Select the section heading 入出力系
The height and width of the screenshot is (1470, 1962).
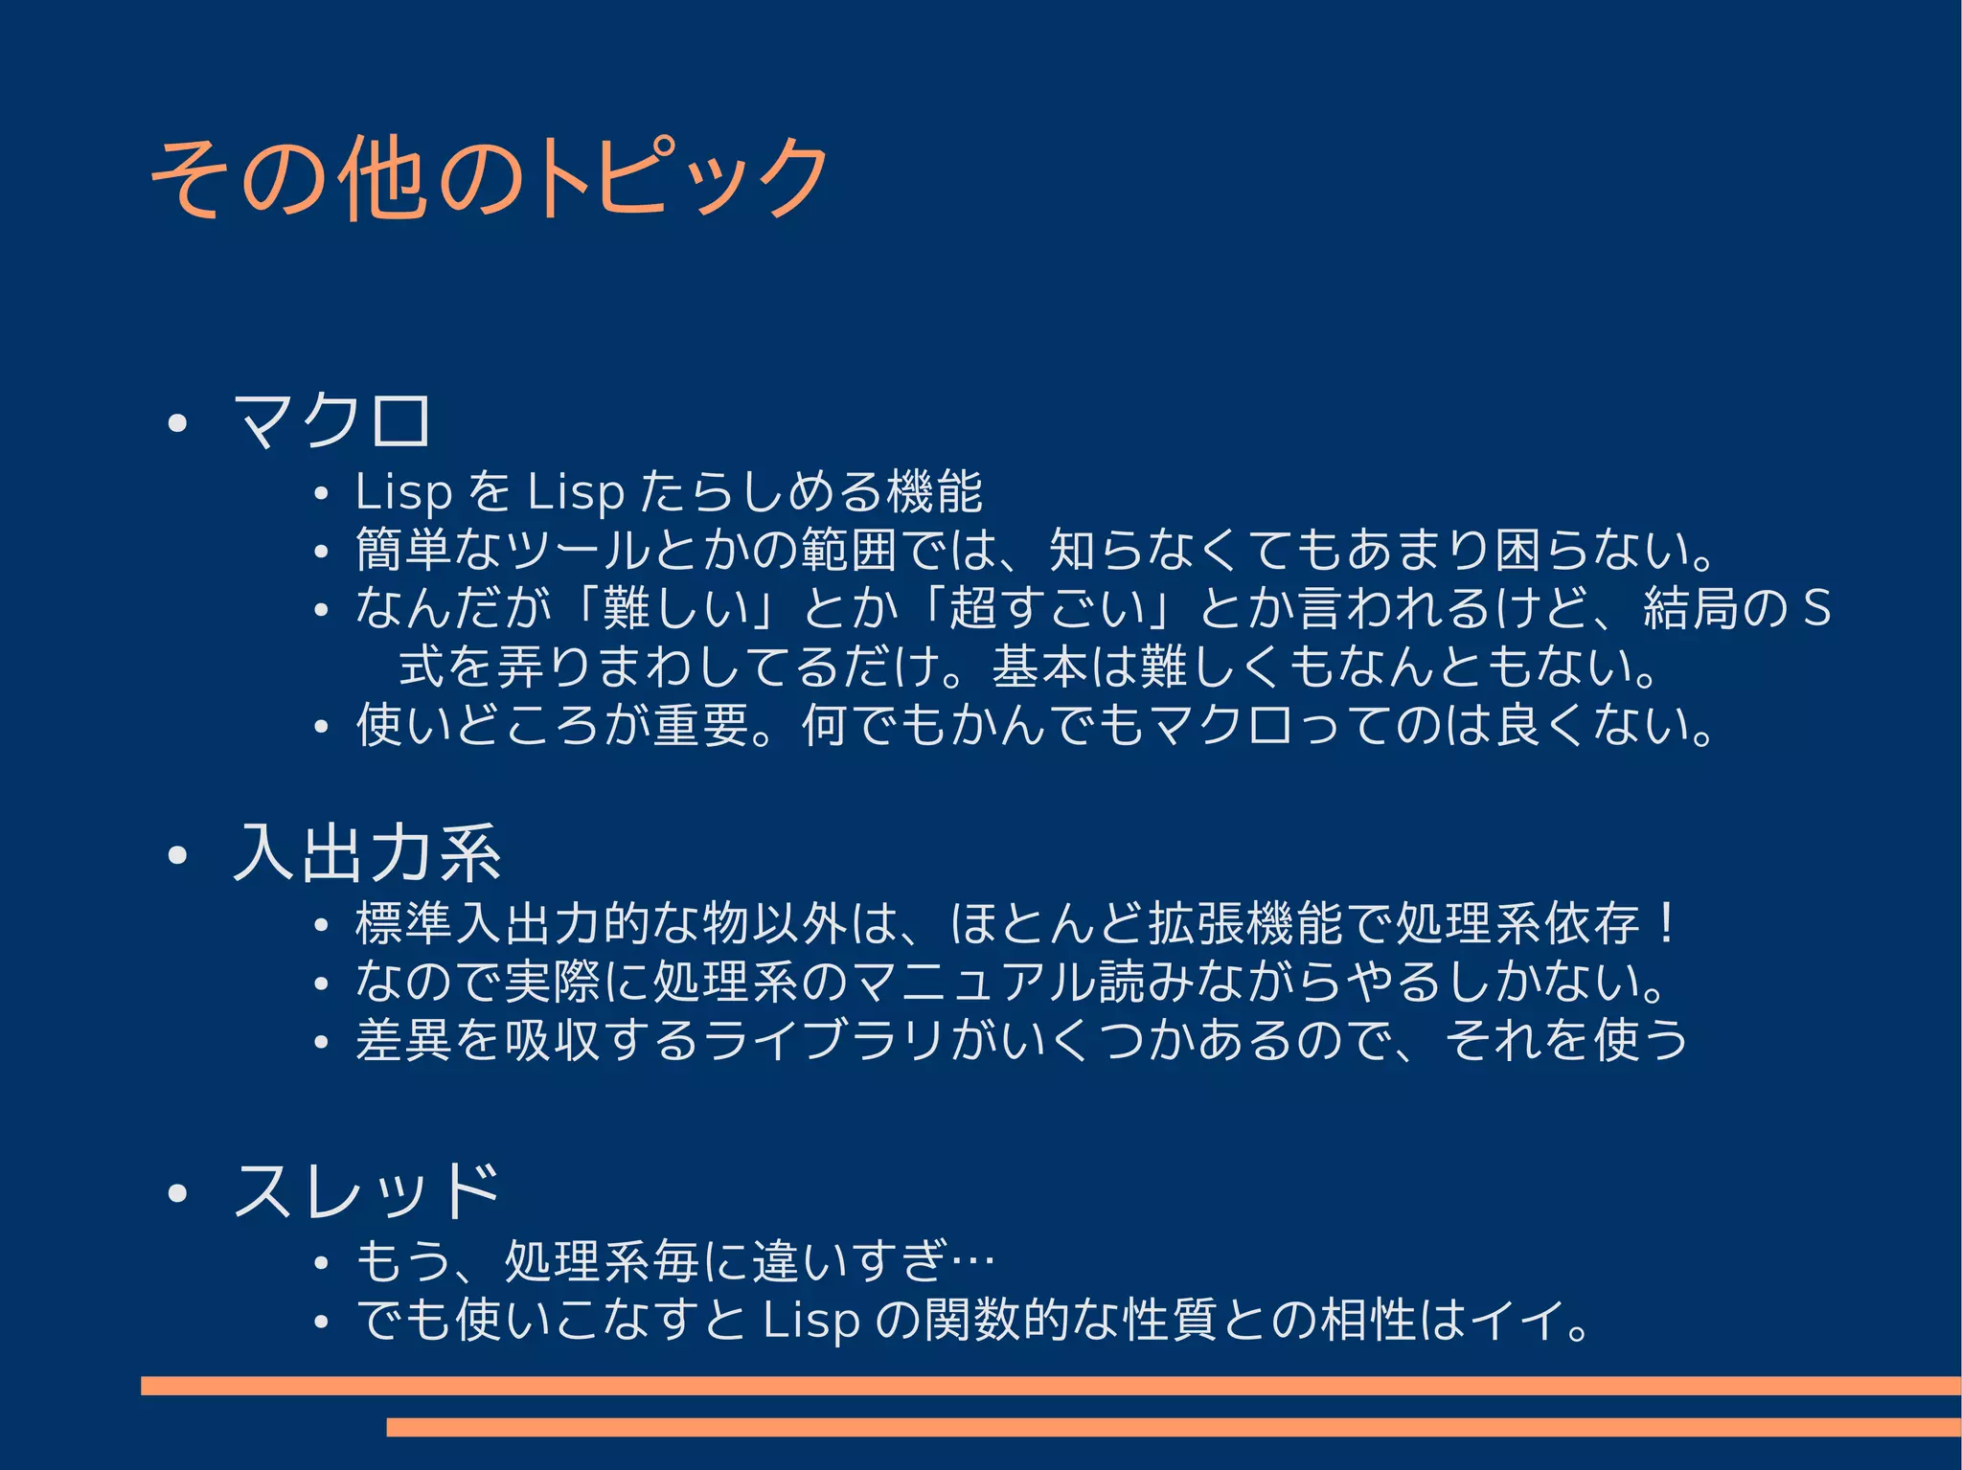367,853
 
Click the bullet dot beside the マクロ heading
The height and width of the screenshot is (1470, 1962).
176,423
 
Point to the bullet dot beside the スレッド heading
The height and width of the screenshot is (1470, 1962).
176,1193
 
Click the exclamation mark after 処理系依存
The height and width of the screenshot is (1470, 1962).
1667,923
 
